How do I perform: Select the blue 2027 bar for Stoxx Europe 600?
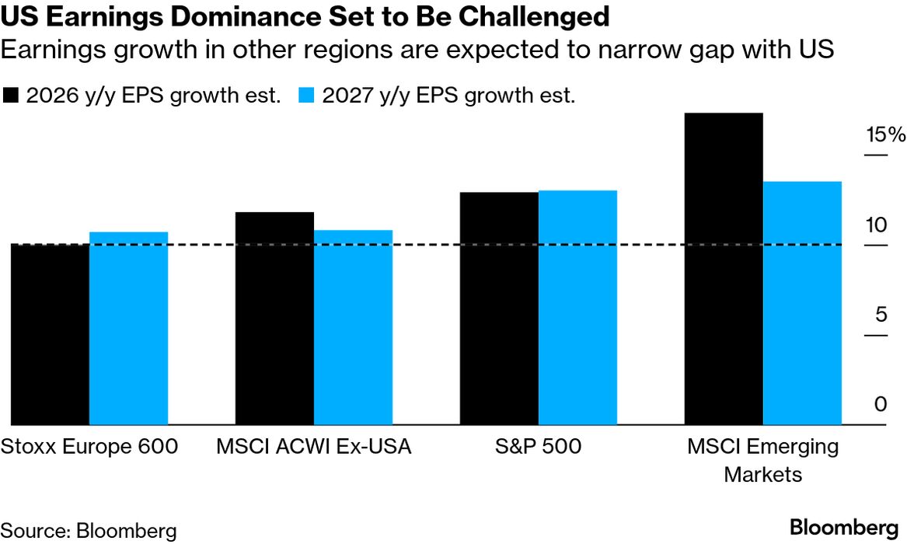pos(128,328)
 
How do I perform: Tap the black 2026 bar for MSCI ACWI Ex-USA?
pos(274,319)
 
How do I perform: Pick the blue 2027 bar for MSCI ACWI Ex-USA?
pos(353,327)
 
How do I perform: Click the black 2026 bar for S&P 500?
pos(499,309)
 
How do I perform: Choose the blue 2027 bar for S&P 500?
pos(577,308)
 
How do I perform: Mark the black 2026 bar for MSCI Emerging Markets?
pos(724,269)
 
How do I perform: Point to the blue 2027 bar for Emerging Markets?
pos(803,303)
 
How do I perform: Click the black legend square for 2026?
pos(11,96)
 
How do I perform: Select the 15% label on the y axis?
pos(886,135)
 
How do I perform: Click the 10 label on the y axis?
pos(877,225)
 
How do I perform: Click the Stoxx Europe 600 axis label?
pos(89,447)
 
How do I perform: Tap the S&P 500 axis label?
pos(539,447)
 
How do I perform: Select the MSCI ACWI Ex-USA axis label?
pos(314,447)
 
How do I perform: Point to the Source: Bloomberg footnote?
pos(89,531)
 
